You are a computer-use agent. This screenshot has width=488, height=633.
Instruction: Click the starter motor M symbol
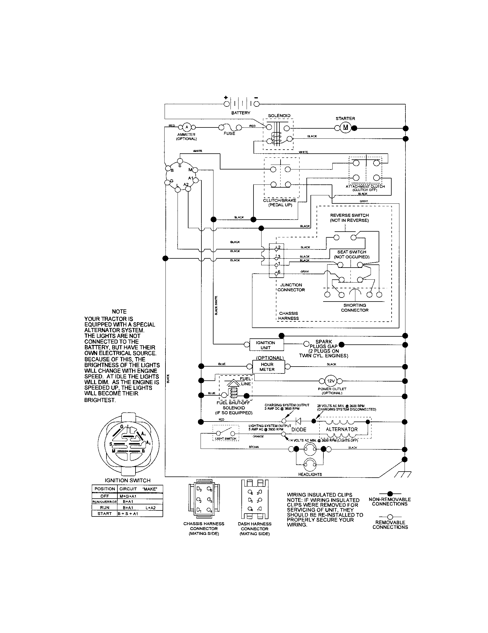click(345, 128)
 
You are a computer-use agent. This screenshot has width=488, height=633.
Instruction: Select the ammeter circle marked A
click(187, 127)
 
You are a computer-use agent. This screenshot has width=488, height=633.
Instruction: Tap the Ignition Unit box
click(266, 345)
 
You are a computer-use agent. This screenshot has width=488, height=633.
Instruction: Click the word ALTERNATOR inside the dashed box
click(342, 429)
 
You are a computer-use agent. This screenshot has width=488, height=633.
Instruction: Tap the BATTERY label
click(241, 113)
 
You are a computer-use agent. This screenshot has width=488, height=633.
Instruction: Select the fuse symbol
click(229, 127)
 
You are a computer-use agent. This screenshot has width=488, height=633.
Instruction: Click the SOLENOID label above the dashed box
click(279, 116)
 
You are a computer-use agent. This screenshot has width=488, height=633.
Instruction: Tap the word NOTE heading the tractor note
click(119, 312)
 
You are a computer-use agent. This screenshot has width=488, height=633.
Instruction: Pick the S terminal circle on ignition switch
click(180, 161)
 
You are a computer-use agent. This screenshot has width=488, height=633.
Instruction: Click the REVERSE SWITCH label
click(349, 218)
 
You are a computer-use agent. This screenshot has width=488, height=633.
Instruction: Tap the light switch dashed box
click(226, 433)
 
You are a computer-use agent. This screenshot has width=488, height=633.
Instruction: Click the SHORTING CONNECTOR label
click(354, 308)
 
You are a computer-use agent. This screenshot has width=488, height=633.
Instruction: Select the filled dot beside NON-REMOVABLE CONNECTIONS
click(390, 493)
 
